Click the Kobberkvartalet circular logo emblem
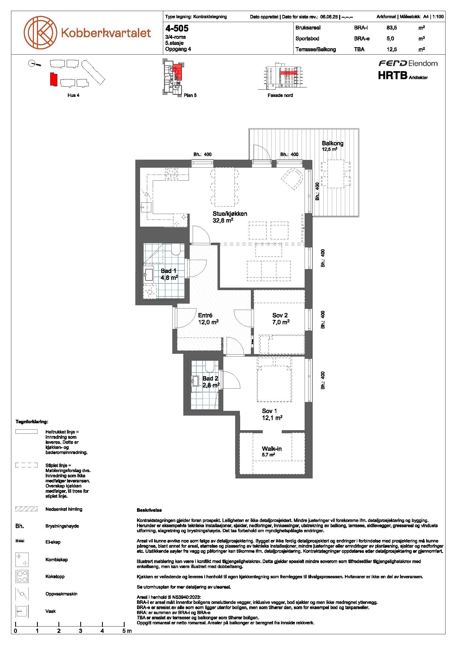pyautogui.click(x=41, y=32)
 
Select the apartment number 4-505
pyautogui.click(x=177, y=28)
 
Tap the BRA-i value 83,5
pyautogui.click(x=392, y=28)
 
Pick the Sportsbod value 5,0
pyautogui.click(x=390, y=39)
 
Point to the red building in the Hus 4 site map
pyautogui.click(x=53, y=79)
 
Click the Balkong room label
pyautogui.click(x=332, y=143)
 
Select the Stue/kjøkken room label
pyautogui.click(x=230, y=213)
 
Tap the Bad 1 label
pyautogui.click(x=168, y=271)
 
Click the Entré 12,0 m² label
pyautogui.click(x=208, y=319)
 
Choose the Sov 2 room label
pyautogui.click(x=280, y=315)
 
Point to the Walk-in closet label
pyautogui.click(x=272, y=449)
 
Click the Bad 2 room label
pyautogui.click(x=210, y=378)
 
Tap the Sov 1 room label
pyautogui.click(x=270, y=411)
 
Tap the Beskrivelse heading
pyautogui.click(x=149, y=510)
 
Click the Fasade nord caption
pyautogui.click(x=280, y=95)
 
